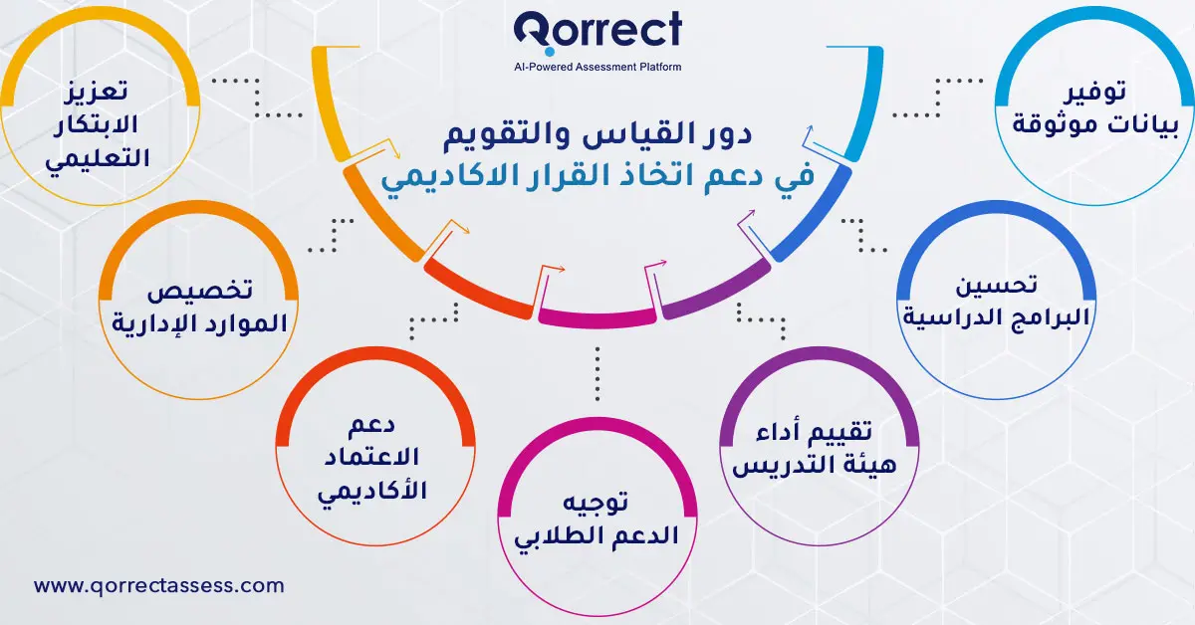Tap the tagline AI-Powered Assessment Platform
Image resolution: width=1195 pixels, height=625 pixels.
pyautogui.click(x=597, y=67)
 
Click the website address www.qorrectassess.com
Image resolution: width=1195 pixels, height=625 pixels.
pyautogui.click(x=159, y=586)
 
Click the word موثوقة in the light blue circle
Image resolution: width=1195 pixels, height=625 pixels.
pyautogui.click(x=1055, y=125)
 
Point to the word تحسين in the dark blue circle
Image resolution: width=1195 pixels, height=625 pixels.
pyautogui.click(x=997, y=286)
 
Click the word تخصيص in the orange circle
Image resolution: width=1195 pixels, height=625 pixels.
pyautogui.click(x=199, y=292)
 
